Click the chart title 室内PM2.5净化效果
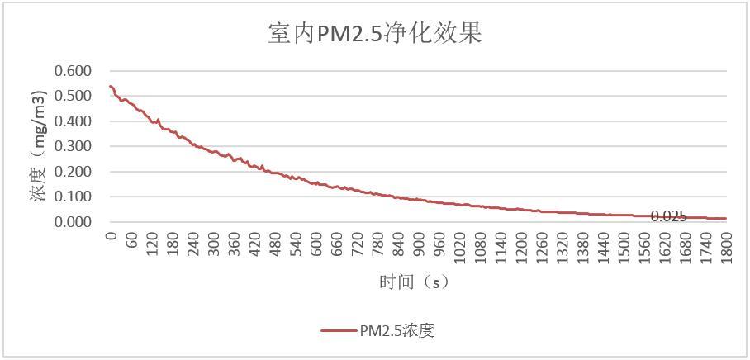[375, 34]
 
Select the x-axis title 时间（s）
[414, 282]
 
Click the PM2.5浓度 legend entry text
[396, 331]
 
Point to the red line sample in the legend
[339, 331]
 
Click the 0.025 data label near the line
[668, 216]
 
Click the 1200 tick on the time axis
[521, 246]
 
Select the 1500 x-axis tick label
[624, 246]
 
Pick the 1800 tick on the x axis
[726, 246]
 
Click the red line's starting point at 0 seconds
[111, 86]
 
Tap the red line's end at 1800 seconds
[726, 219]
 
